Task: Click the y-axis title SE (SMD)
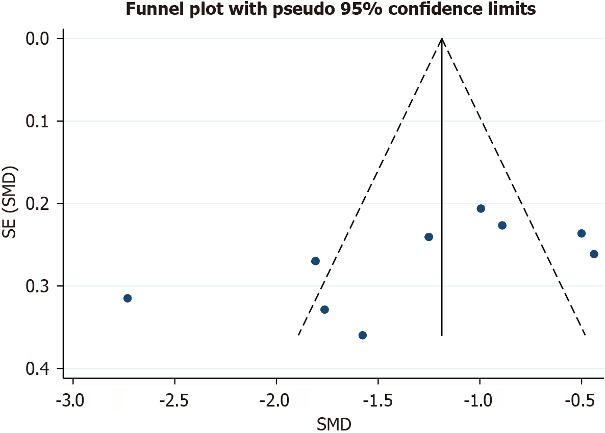(10, 204)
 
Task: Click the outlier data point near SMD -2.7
(128, 298)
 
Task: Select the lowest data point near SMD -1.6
(363, 335)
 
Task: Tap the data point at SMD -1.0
(481, 208)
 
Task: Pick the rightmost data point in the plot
(594, 254)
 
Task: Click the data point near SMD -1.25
(428, 237)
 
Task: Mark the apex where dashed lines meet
(442, 39)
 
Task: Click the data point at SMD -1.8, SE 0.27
(315, 261)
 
